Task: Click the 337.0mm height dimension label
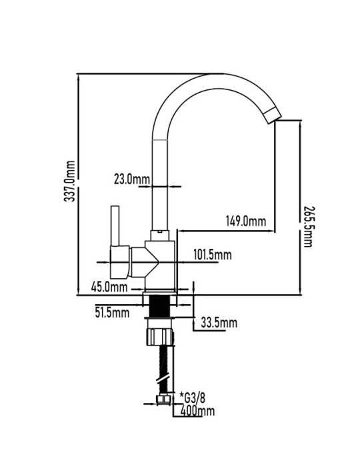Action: [x=69, y=181]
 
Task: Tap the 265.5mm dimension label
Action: [x=307, y=226]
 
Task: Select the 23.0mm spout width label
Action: [x=132, y=179]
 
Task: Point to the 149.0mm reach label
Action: [x=246, y=221]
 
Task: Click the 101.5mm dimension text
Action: [x=213, y=255]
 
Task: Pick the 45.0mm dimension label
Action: [x=109, y=287]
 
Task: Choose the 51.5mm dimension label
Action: [x=112, y=312]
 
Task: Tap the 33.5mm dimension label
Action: [x=219, y=322]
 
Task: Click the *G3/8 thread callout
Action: [x=192, y=398]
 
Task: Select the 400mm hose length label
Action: [x=197, y=411]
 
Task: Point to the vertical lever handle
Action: [x=115, y=225]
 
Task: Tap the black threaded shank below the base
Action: [x=159, y=306]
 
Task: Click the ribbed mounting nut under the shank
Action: [x=160, y=336]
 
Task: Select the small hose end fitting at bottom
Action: [x=163, y=400]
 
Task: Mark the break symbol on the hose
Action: [x=163, y=378]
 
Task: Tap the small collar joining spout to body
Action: [x=159, y=236]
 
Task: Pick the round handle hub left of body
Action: [x=120, y=262]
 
